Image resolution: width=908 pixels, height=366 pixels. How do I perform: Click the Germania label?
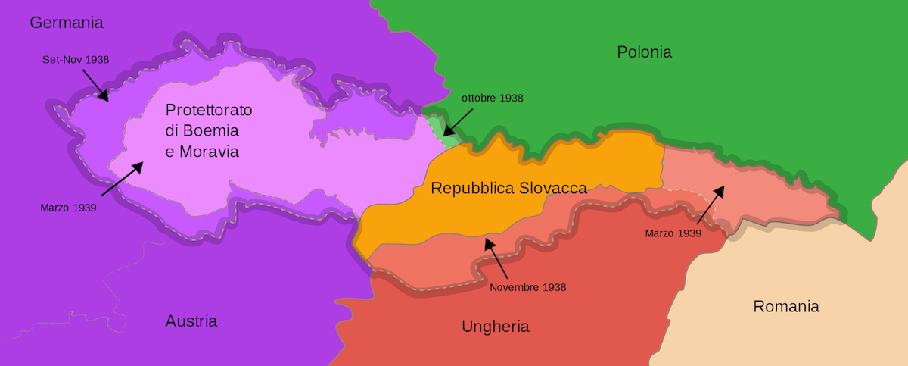(x=67, y=23)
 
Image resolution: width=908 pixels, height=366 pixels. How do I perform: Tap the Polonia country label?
(x=644, y=52)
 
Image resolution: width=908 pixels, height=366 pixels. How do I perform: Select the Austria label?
(x=191, y=321)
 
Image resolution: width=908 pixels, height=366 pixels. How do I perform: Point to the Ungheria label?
(x=495, y=327)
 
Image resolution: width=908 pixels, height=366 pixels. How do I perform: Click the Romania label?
(x=786, y=307)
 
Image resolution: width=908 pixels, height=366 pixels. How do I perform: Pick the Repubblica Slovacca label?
(x=508, y=188)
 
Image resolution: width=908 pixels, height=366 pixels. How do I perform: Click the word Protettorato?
(x=209, y=111)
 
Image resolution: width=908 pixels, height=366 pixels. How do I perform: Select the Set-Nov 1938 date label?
(x=76, y=58)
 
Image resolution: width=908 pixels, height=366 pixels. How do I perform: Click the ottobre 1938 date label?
(x=493, y=98)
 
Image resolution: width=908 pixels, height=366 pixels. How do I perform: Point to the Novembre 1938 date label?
(x=527, y=287)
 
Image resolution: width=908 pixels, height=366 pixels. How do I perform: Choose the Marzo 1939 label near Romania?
(x=673, y=233)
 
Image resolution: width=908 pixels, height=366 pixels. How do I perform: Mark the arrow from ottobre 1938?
(x=458, y=122)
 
